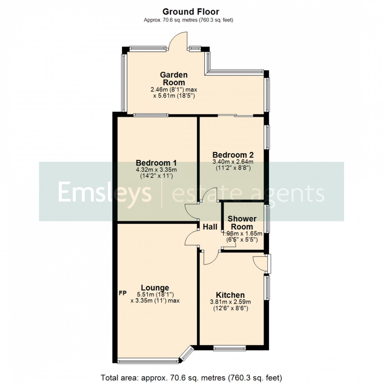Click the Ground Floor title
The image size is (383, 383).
[191, 12]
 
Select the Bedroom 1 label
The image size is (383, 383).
[156, 163]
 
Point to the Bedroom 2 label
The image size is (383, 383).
[233, 155]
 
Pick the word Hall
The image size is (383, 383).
[210, 227]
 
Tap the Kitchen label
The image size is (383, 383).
[230, 295]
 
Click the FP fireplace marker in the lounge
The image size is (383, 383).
[122, 293]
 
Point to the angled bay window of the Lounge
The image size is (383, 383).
[187, 354]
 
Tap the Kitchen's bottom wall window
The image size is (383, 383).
[229, 348]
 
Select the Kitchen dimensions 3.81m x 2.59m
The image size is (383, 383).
[230, 302]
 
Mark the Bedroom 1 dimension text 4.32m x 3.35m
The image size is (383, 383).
[156, 170]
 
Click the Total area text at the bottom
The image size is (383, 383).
[191, 377]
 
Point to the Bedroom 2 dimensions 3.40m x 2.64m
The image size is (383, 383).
[233, 162]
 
